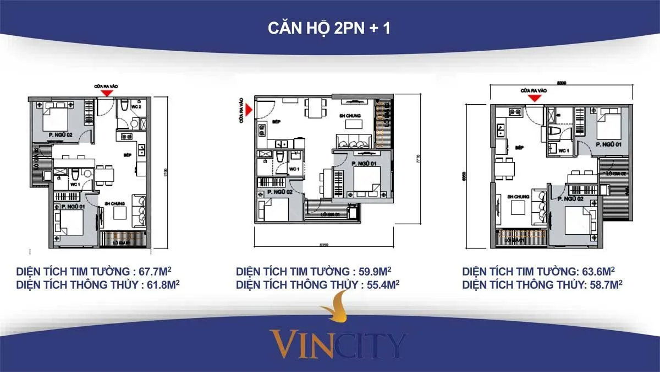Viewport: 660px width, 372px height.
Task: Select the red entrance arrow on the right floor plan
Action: (533, 98)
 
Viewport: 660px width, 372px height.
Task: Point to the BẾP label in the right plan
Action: (519, 148)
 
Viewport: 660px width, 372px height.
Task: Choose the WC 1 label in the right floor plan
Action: (563, 150)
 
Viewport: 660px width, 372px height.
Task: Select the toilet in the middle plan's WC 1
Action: (280, 158)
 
